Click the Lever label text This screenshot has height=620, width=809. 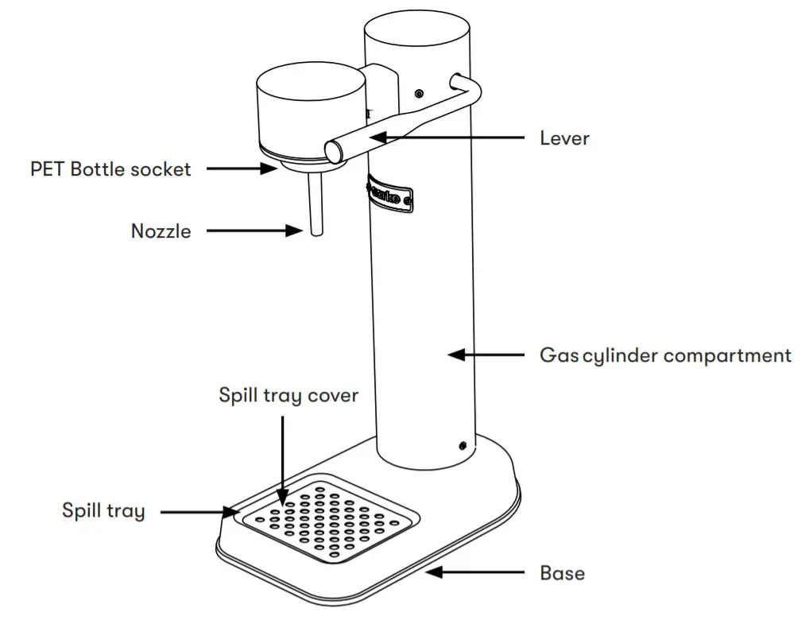(564, 138)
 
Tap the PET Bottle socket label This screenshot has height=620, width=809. (110, 169)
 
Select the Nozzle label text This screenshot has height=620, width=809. (161, 231)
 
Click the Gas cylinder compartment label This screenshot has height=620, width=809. (665, 355)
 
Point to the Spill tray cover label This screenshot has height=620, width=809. (288, 395)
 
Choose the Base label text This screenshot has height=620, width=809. (562, 572)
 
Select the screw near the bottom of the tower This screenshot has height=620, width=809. (461, 446)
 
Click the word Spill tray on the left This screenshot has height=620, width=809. (103, 510)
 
